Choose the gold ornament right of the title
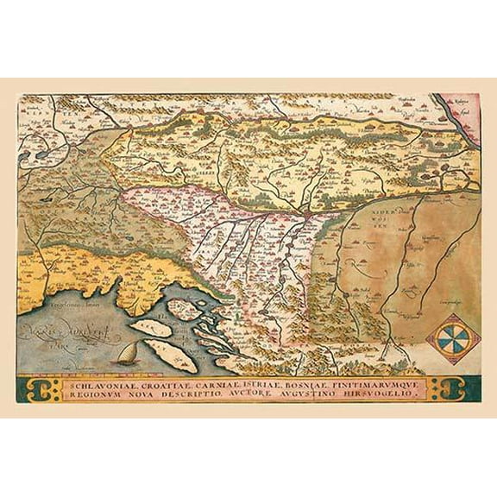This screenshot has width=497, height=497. [450, 387]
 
